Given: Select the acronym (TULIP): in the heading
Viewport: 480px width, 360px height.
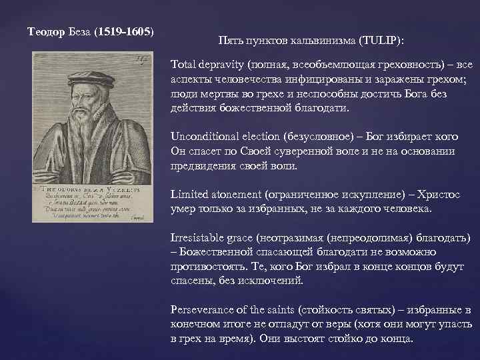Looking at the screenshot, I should (381, 40).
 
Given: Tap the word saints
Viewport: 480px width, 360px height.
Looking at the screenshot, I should (280, 310).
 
